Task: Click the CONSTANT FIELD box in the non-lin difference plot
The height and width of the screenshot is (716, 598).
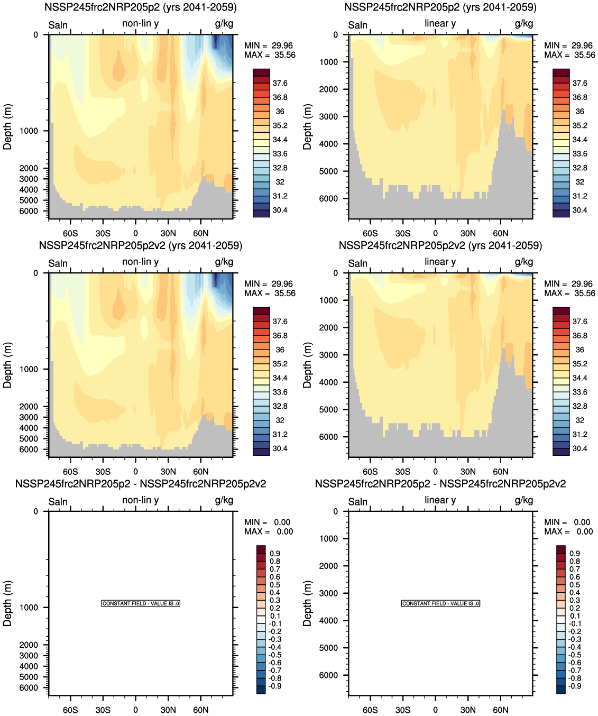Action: coord(141,603)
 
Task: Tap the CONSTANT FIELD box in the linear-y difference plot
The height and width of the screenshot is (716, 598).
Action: coord(440,603)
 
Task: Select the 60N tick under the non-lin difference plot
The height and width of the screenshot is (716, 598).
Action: coord(200,710)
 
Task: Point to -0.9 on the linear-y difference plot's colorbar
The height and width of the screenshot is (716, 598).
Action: coord(574,686)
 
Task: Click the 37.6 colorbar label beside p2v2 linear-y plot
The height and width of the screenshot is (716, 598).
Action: coord(579,322)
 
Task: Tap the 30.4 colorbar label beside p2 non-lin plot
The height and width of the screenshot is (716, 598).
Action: coord(280,210)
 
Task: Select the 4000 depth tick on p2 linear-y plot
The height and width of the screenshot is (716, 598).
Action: coord(328,144)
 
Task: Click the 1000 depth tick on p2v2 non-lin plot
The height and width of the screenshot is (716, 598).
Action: coord(29,369)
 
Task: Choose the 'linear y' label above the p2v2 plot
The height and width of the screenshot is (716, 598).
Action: coord(440,262)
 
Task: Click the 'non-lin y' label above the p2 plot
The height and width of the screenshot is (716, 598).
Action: coord(140,23)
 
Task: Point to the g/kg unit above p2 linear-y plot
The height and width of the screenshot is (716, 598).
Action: coord(523,23)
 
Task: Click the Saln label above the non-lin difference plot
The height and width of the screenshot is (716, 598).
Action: coord(58,501)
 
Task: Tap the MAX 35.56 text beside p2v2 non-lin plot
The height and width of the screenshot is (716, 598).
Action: coord(270,293)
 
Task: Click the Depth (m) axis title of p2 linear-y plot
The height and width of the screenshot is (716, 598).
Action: coord(307,127)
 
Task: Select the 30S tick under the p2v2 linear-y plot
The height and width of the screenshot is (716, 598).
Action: coord(402,472)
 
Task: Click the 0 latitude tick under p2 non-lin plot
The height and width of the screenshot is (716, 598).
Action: coord(135,233)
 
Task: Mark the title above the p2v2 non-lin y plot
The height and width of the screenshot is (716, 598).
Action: coord(140,246)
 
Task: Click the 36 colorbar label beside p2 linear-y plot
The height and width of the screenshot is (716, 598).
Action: coord(579,112)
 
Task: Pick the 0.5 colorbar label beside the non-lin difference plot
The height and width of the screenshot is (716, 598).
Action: coord(275,585)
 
